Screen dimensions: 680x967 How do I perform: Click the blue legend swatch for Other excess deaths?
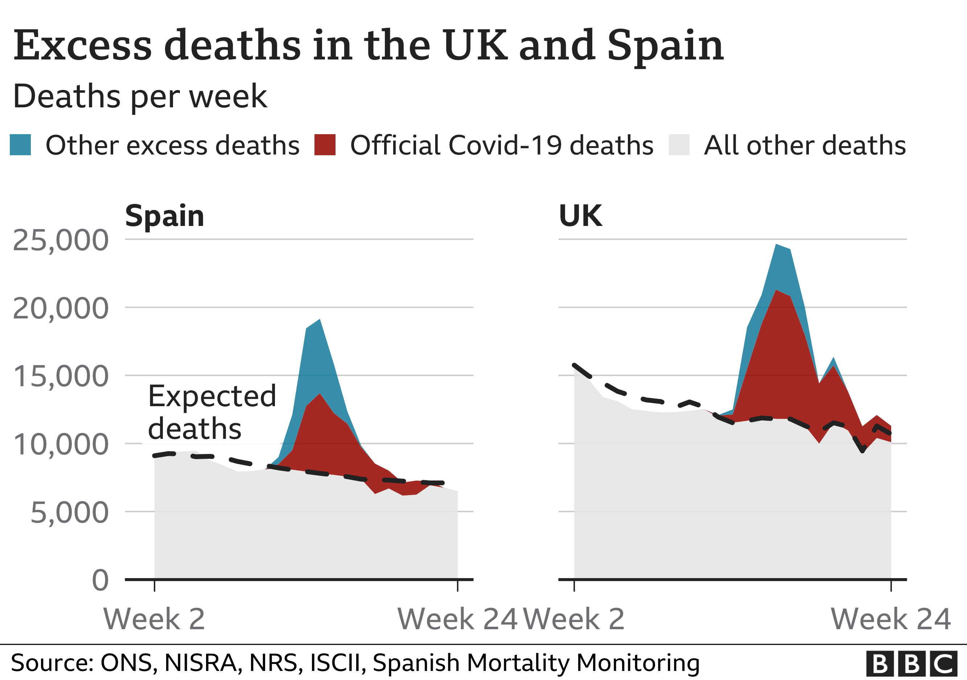(20, 145)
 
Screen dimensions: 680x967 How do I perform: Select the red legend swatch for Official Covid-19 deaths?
(325, 145)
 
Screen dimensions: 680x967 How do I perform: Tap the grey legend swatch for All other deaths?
(679, 145)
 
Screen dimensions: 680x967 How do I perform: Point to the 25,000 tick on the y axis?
(61, 240)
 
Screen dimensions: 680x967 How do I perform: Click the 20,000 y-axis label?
(61, 309)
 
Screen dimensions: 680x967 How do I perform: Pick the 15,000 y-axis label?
(61, 376)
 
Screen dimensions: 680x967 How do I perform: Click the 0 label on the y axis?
(100, 581)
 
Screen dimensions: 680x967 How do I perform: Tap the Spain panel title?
(165, 216)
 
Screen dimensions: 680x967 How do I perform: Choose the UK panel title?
(580, 216)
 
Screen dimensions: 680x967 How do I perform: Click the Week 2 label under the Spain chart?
(154, 619)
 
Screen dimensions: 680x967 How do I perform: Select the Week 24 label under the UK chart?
(890, 619)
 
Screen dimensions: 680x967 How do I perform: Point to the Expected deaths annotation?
(212, 412)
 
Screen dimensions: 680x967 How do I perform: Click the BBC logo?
(912, 664)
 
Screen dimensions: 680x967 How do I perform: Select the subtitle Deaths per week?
(140, 96)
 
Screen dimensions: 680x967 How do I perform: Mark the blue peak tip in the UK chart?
(776, 245)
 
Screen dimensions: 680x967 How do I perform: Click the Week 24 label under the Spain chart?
(457, 619)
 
